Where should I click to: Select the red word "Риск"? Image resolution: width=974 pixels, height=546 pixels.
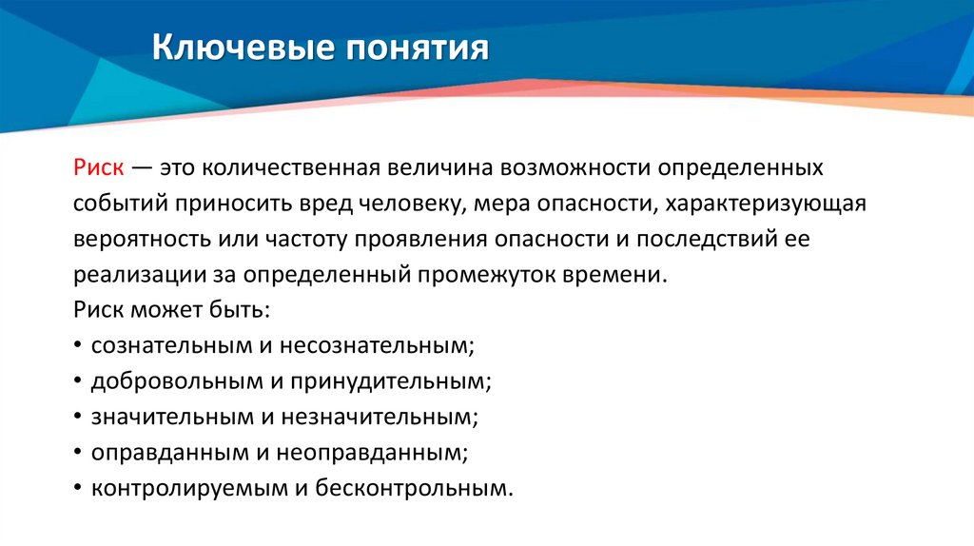[97, 168]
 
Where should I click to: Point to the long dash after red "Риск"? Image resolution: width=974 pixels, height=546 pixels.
[141, 168]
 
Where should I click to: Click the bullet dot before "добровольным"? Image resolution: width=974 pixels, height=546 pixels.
[76, 382]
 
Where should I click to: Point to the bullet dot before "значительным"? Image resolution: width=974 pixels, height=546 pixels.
[76, 418]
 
